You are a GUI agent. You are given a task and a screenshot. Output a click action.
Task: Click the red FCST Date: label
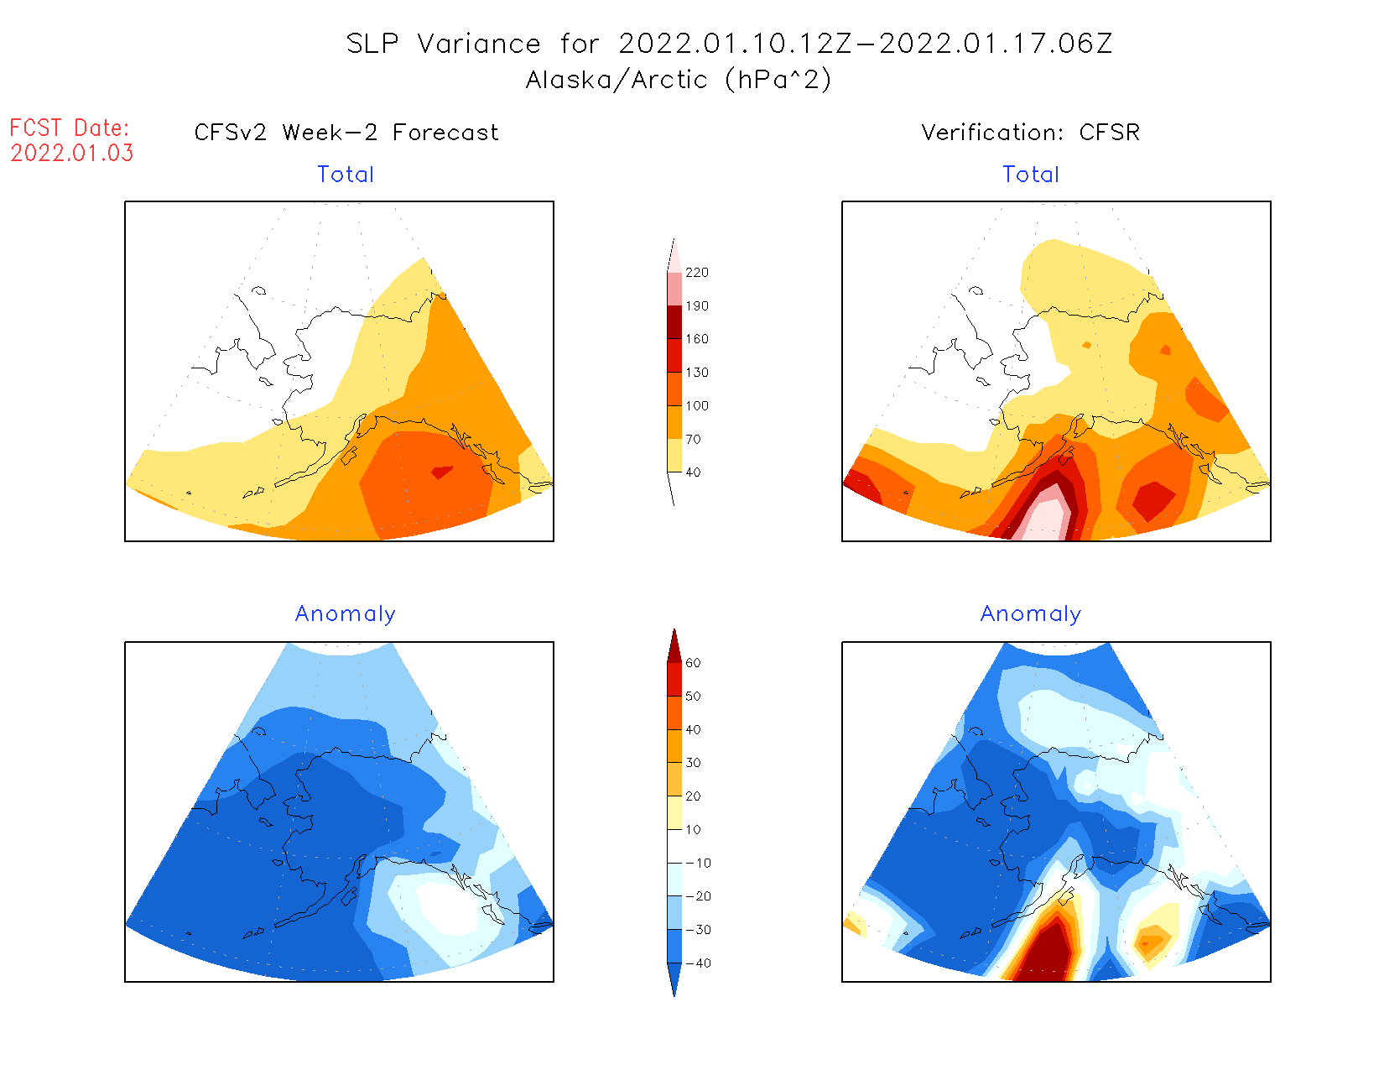[x=70, y=128]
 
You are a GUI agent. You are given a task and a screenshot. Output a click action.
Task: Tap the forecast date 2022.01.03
[x=72, y=154]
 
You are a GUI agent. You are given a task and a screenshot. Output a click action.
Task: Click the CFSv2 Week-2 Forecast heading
[x=346, y=133]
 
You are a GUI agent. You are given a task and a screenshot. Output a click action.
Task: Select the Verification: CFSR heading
[x=1030, y=133]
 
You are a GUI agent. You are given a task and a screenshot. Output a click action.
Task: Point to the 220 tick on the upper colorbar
[x=696, y=273]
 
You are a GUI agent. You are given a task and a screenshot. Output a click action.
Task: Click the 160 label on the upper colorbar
[x=696, y=339]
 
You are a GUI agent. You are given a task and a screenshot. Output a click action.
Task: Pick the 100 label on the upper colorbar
[x=696, y=406]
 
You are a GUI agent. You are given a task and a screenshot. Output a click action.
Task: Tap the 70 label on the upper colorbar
[x=693, y=440]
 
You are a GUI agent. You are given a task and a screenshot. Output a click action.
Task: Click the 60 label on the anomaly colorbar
[x=693, y=663]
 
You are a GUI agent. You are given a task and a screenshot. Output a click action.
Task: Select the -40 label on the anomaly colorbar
[x=698, y=963]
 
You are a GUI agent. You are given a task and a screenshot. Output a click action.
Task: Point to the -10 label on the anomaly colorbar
[x=698, y=864]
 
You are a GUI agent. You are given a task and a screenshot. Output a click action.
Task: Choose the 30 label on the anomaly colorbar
[x=693, y=763]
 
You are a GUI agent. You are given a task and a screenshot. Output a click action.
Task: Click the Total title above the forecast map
[x=346, y=175]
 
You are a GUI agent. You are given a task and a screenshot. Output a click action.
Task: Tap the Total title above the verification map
[x=1031, y=175]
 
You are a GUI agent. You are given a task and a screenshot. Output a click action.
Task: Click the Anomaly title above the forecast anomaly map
[x=346, y=614]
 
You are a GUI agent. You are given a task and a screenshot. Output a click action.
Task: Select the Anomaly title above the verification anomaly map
[x=1031, y=614]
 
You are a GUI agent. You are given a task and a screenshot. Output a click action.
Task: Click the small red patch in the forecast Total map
[x=441, y=472]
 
